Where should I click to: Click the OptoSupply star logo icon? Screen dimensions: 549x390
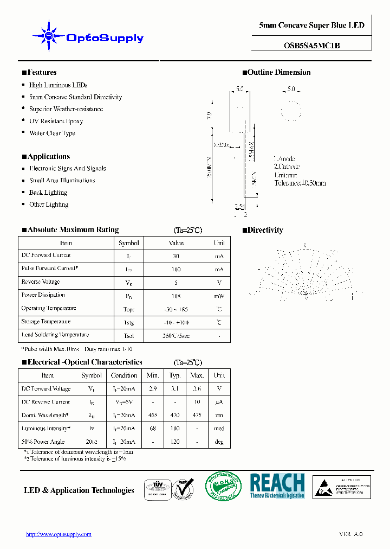49,36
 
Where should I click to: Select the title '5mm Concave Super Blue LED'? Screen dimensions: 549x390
311,25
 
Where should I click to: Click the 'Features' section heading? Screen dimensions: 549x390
41,72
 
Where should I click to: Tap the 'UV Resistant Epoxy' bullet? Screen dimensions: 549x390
56,121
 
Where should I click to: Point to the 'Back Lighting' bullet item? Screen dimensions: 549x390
48,193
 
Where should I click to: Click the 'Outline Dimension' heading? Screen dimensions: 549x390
279,72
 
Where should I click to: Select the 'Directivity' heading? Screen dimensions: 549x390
265,230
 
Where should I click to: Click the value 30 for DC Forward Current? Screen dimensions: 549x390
176,256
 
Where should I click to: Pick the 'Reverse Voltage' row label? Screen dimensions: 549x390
41,282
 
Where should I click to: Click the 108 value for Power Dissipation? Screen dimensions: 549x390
176,296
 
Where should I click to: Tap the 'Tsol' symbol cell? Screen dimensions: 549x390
128,336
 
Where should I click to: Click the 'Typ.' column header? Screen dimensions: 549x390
175,375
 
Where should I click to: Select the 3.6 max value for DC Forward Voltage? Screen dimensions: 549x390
197,388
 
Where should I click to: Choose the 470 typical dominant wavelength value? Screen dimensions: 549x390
175,415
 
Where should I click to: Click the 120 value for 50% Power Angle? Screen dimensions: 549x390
175,442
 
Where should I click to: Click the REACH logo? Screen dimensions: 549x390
277,486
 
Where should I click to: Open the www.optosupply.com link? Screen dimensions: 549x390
58,534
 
